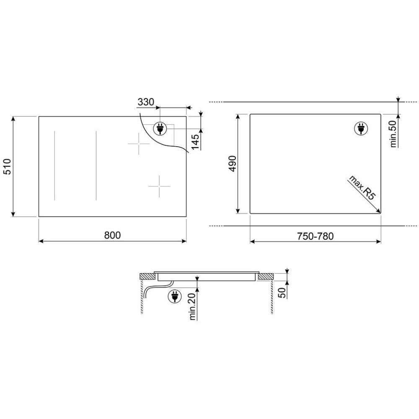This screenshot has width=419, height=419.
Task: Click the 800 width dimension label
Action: (112, 235)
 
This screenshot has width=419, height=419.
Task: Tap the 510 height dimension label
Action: (8, 166)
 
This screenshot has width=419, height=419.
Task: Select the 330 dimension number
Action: (146, 102)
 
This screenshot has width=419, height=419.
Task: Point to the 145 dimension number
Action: (195, 142)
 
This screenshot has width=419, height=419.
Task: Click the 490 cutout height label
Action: (233, 163)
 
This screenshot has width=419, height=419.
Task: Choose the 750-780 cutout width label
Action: (316, 236)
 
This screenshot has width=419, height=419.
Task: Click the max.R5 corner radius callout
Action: (362, 188)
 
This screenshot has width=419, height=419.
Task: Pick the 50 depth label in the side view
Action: (282, 292)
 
